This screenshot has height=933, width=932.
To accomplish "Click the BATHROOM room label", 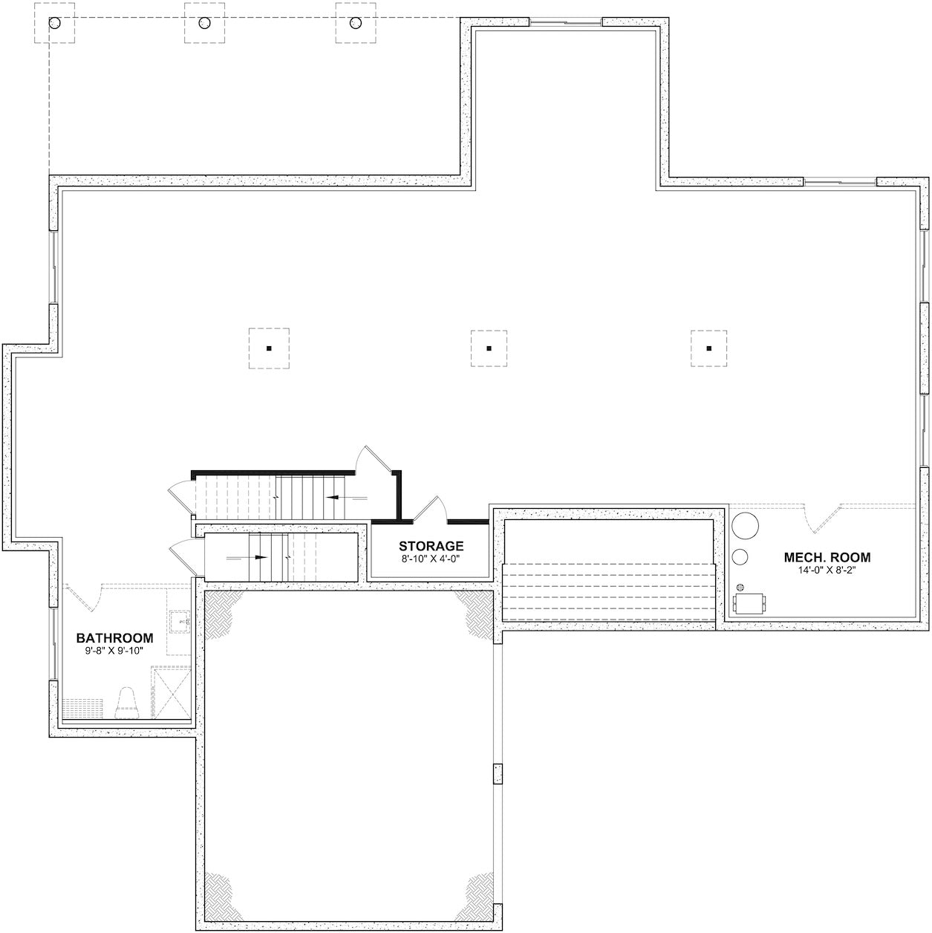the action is [115, 637].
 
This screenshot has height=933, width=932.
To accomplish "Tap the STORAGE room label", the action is [431, 546].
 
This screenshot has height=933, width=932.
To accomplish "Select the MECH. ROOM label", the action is [827, 557].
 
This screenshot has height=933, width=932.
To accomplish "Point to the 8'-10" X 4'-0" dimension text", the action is [431, 559].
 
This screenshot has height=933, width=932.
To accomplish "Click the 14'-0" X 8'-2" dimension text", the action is [827, 570].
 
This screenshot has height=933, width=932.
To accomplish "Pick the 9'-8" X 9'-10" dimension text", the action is [115, 651].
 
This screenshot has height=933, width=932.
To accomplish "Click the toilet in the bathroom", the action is [128, 702].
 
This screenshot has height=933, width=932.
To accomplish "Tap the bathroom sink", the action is [180, 621].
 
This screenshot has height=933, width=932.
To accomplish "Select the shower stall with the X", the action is [171, 692].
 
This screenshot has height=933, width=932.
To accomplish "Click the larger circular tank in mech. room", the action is [745, 525].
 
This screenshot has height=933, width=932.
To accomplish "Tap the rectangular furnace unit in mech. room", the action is [750, 604].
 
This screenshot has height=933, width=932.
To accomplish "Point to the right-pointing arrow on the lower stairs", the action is [247, 557].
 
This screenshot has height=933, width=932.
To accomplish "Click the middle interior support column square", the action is [489, 348].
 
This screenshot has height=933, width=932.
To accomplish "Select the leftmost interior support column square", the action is [269, 348].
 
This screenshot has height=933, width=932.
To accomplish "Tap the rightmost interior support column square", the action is [709, 348].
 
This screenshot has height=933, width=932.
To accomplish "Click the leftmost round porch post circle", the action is [55, 23].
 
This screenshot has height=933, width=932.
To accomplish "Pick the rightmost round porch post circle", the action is [356, 23].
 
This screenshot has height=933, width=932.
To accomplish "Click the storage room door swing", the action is [431, 508].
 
